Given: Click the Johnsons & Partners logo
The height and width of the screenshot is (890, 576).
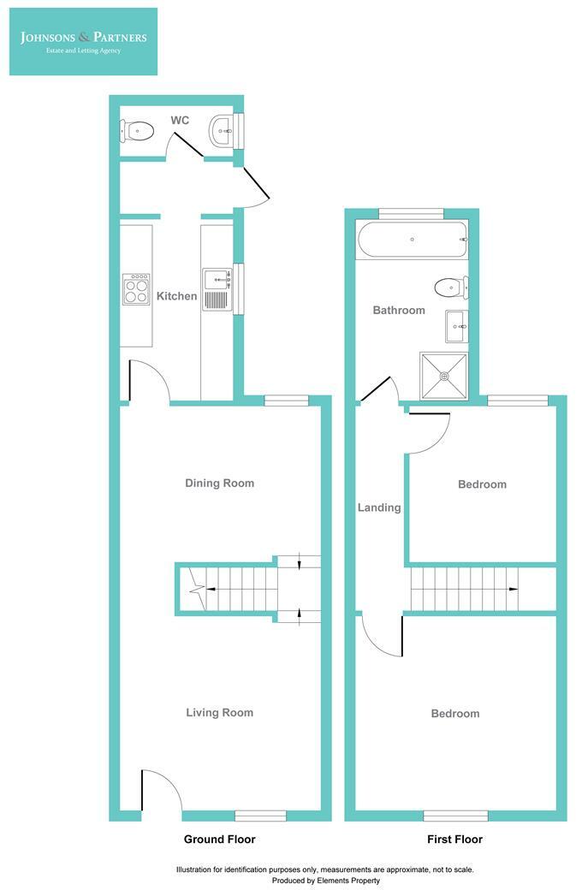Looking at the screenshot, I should (84, 41).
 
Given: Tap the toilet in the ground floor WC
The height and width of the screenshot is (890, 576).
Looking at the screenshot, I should (138, 131).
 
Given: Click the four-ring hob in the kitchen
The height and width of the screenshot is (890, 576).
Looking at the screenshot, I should (136, 288).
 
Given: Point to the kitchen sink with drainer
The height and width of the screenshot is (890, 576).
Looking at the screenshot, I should (217, 288).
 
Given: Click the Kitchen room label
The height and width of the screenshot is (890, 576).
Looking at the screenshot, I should (176, 296).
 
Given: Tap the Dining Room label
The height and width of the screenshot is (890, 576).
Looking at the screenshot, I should (219, 483).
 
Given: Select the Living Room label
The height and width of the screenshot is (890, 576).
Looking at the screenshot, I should (219, 712).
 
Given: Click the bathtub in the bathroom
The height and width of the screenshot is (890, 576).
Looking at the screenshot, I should (413, 240).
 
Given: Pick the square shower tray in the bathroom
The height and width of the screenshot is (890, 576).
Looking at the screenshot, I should (443, 375).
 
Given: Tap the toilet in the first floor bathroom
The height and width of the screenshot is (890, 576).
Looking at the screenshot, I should (448, 286).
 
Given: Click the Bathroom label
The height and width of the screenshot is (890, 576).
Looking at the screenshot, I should (398, 310).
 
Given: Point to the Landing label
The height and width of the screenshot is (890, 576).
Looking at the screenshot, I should (378, 507).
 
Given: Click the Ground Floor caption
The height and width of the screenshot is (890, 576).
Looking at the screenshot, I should (219, 839).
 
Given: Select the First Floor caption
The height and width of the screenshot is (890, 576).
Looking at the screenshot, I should (454, 839).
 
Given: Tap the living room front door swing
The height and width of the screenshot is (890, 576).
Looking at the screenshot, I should (160, 787).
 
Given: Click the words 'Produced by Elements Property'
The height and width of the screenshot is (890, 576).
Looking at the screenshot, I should (325, 880).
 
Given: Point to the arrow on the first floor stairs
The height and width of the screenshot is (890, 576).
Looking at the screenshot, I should (511, 590).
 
